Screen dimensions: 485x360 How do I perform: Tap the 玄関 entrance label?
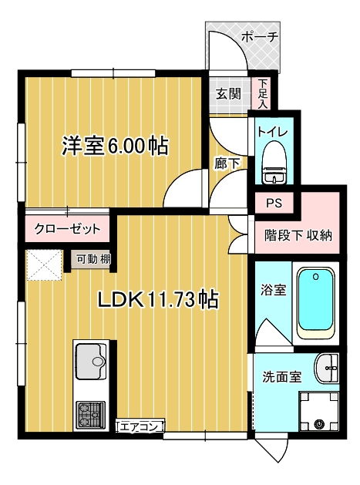pos(227,94)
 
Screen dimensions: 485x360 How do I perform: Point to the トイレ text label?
pos(273,132)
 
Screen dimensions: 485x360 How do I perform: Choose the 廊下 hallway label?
pos(227,162)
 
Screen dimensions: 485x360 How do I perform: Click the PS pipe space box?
pos(274,204)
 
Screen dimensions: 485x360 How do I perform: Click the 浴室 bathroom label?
pos(272,291)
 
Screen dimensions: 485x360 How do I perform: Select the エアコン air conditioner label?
pos(140,426)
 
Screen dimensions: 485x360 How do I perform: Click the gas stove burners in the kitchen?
pos(91,417)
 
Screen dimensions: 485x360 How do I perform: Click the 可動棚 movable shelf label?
pos(92,260)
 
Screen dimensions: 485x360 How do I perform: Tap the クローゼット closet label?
pos(67,229)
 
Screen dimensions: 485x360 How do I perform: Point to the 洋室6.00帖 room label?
pos(116,146)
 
